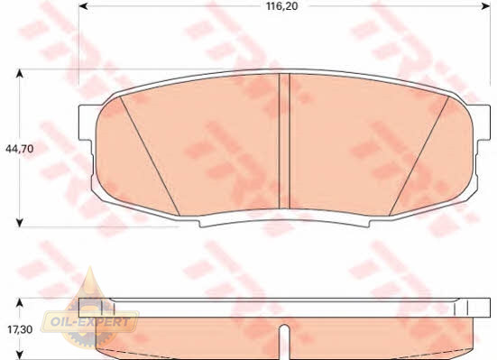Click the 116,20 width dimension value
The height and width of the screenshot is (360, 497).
pyautogui.click(x=282, y=6)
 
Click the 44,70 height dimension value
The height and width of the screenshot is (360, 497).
pyautogui.click(x=20, y=149)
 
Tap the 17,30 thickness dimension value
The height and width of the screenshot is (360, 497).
pyautogui.click(x=20, y=329)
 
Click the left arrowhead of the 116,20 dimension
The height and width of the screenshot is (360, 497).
pyautogui.click(x=83, y=6)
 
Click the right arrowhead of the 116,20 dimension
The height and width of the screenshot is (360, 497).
pyautogui.click(x=486, y=6)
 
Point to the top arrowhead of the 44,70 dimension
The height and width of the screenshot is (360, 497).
pyautogui.click(x=20, y=74)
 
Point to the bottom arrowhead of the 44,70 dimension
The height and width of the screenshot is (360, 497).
pyautogui.click(x=20, y=223)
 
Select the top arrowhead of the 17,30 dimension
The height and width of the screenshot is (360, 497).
pyautogui.click(x=20, y=302)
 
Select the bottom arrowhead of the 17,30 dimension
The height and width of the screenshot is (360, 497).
pyautogui.click(x=20, y=355)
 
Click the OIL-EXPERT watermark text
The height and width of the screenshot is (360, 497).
pyautogui.click(x=90, y=322)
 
